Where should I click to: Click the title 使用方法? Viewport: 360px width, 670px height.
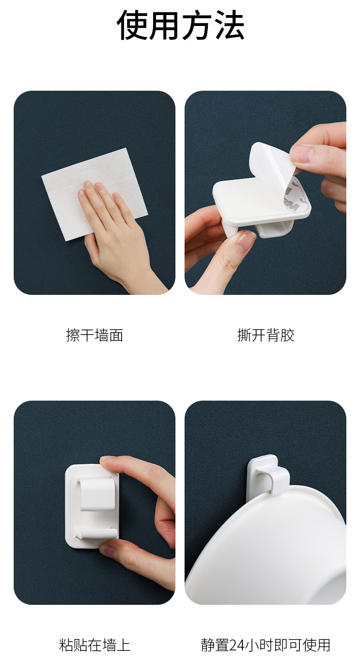(180, 25)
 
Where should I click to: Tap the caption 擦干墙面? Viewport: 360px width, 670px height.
(94, 335)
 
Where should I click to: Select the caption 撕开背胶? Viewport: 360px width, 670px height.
(266, 335)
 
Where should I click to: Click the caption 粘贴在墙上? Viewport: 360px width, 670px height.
(94, 645)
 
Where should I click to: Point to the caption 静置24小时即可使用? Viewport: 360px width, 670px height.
(266, 645)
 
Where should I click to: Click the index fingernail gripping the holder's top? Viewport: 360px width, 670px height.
(107, 458)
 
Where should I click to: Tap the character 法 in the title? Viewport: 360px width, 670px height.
(230, 25)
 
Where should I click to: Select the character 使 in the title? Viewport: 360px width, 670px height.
(132, 25)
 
